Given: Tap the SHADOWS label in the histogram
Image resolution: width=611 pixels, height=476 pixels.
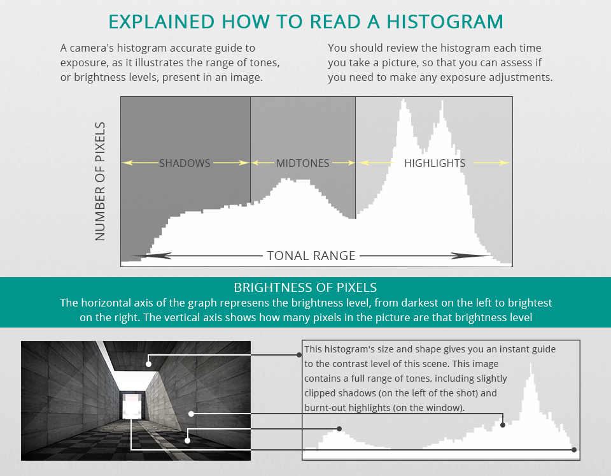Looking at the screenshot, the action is (185, 163).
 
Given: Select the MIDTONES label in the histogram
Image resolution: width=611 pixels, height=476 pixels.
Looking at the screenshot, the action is (303, 163).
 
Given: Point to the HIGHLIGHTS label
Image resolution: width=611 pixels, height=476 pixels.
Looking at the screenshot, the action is (435, 163).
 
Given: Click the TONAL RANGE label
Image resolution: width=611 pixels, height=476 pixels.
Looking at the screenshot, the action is (311, 256).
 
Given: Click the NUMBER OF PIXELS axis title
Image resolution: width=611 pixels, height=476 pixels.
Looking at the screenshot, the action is (100, 182).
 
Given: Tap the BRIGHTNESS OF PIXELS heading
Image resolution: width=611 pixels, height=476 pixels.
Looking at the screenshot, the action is (305, 287).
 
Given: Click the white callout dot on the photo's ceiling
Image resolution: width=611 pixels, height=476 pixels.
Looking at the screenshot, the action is (148, 364).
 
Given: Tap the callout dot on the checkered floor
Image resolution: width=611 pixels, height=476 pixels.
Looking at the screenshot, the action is (188, 439).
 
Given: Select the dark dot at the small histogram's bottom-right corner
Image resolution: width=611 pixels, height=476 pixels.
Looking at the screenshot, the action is (575, 450).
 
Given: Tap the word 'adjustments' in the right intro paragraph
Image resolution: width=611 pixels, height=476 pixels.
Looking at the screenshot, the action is (521, 77).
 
